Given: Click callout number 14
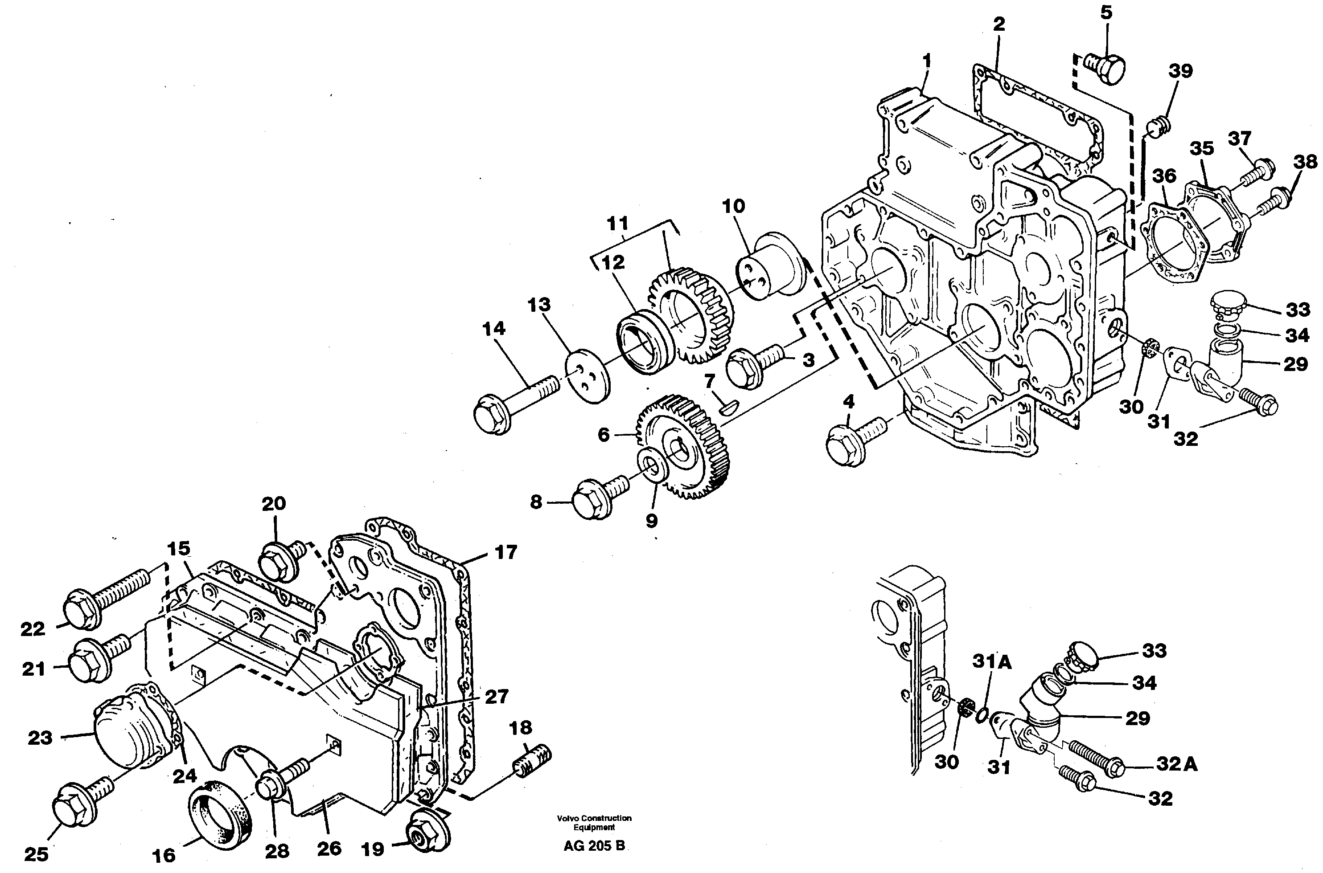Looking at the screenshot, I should click(x=493, y=329).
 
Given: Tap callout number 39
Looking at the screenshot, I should click(x=1180, y=71).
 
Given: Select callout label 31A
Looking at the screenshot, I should click(x=991, y=661).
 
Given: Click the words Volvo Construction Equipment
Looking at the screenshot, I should click(x=594, y=822).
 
